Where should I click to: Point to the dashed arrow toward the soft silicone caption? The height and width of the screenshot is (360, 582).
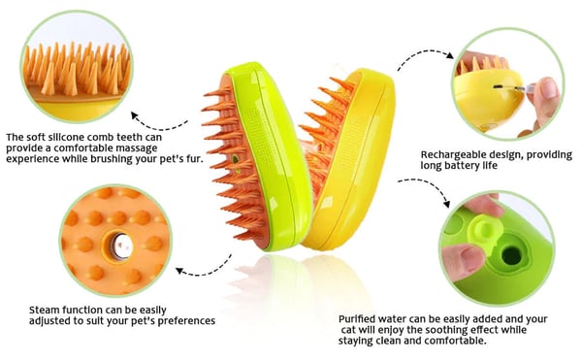point(160,120)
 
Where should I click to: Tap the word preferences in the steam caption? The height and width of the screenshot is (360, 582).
point(176,321)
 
